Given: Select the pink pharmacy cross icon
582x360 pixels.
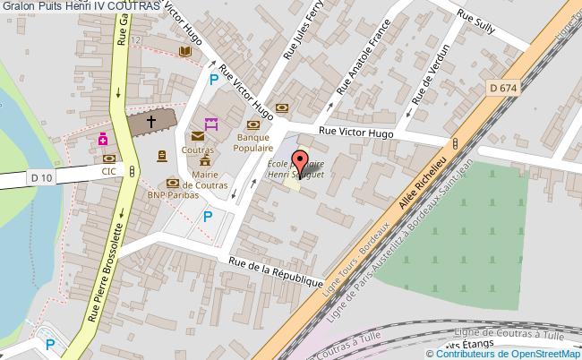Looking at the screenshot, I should [105, 140].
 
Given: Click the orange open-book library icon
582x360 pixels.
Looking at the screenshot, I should [185, 53].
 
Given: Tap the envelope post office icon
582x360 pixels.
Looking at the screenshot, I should [196, 137].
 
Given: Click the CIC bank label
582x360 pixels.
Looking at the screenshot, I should [108, 170].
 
